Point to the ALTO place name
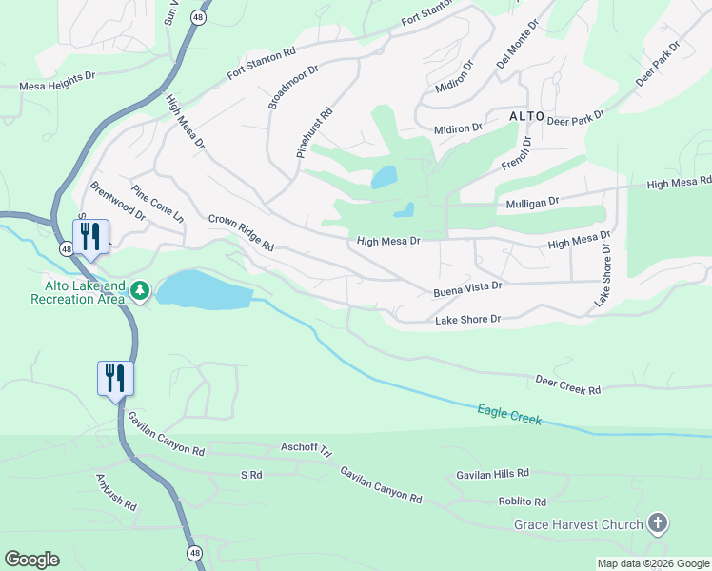tap(526, 115)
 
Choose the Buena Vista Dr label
tap(466, 285)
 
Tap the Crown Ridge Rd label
tap(241, 232)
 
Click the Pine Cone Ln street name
tap(158, 204)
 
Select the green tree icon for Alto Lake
tap(140, 288)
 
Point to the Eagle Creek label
tap(509, 415)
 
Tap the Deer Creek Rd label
tap(568, 384)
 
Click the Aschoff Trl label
tap(305, 446)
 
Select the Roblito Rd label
tap(523, 502)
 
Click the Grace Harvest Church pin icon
tap(657, 522)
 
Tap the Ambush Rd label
tap(116, 493)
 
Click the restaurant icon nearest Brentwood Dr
tap(90, 235)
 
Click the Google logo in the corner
tap(31, 560)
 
